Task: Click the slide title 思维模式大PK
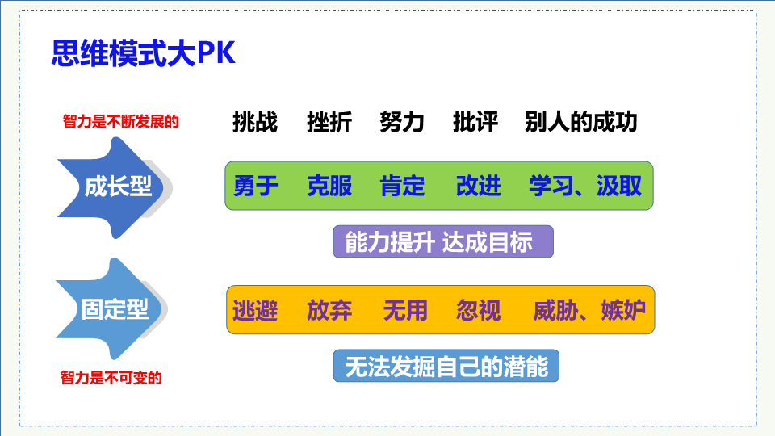(x=144, y=53)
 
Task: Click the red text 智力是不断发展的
(x=120, y=122)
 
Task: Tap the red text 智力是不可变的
(x=111, y=378)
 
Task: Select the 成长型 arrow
(x=115, y=187)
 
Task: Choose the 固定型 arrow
(x=112, y=309)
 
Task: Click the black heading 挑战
(x=255, y=122)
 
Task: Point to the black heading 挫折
(x=329, y=122)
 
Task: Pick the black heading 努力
(x=402, y=122)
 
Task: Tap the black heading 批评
(x=475, y=122)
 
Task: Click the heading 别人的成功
(x=581, y=122)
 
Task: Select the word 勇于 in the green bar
(x=256, y=186)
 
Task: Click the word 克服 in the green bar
(x=329, y=186)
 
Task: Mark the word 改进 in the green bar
(x=479, y=186)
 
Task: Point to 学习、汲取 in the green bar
(x=585, y=186)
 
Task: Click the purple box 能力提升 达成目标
(x=443, y=241)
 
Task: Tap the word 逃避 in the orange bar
(x=255, y=310)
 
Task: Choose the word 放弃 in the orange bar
(x=329, y=310)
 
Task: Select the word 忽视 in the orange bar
(x=479, y=310)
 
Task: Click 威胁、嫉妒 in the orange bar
(x=589, y=310)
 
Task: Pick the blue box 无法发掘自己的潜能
(x=446, y=366)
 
